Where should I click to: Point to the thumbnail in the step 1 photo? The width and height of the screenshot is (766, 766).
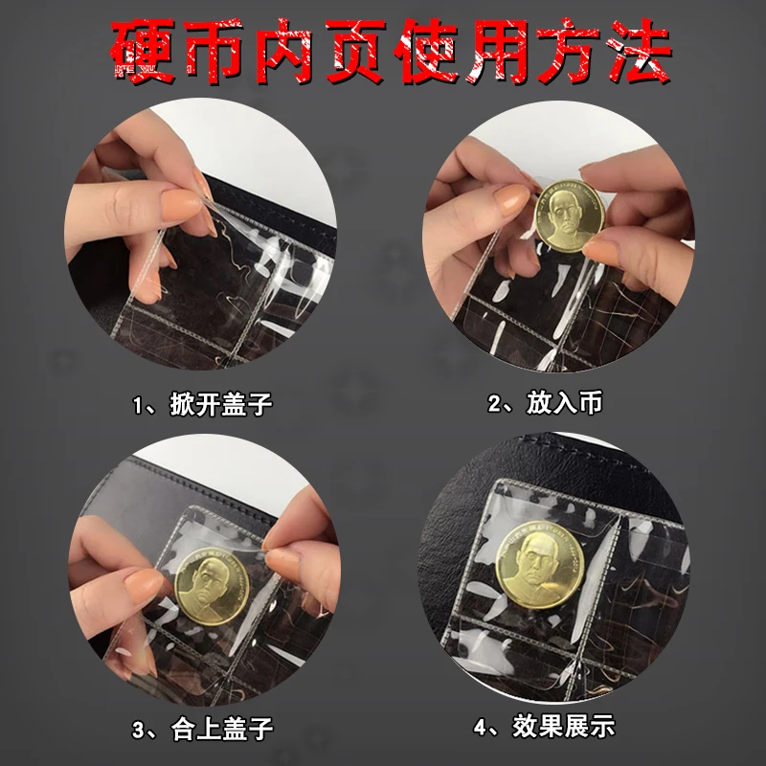[x=177, y=201]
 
